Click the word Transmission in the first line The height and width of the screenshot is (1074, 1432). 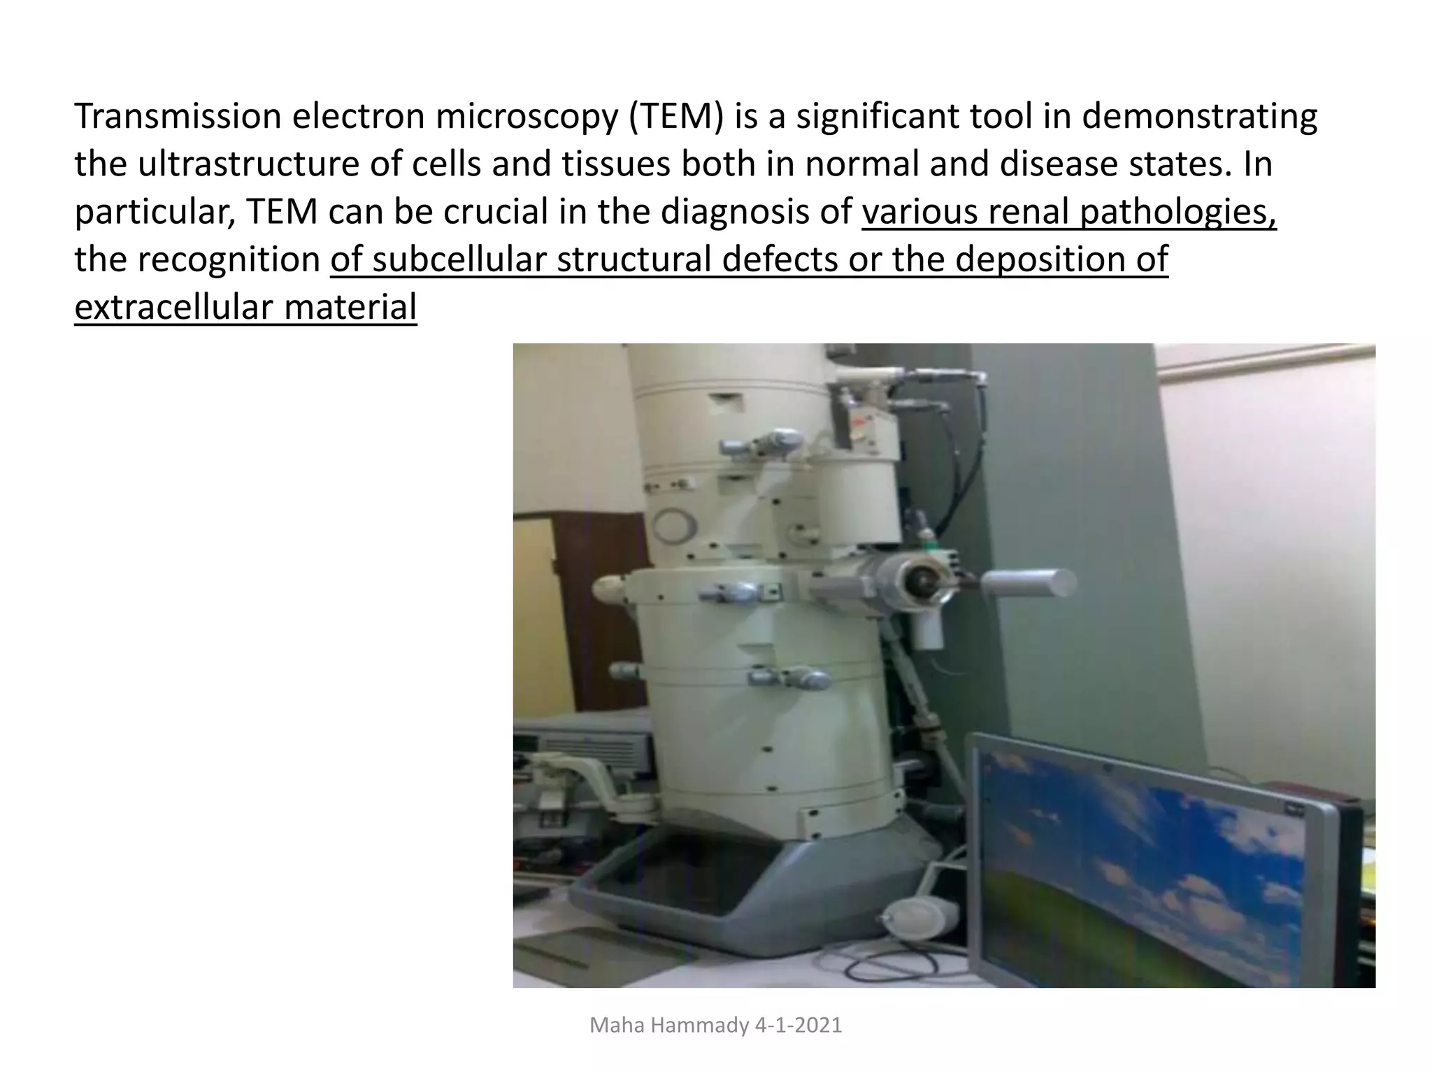[x=178, y=116]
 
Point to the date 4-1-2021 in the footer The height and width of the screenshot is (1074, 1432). [x=799, y=1025]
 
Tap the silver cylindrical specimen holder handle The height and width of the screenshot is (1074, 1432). [x=1028, y=582]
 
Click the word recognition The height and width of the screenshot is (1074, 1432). [x=228, y=259]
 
